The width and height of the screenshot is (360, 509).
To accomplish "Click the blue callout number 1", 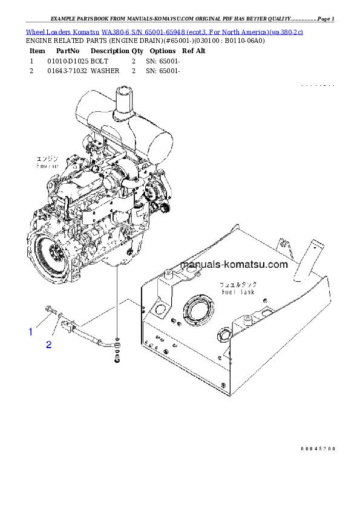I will [30, 331].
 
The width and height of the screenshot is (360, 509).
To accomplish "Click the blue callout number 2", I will [49, 345].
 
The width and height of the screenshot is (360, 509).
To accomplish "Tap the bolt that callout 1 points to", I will [48, 311].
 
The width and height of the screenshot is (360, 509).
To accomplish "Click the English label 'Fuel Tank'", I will [238, 291].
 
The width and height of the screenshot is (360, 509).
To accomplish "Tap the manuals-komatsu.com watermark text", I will [226, 264].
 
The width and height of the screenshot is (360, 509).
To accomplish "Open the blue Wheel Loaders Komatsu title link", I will [164, 31].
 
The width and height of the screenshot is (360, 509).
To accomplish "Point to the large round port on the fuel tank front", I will [197, 311].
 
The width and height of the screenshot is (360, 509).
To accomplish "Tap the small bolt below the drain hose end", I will [116, 361].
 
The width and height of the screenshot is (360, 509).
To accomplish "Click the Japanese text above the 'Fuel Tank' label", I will [238, 284].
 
